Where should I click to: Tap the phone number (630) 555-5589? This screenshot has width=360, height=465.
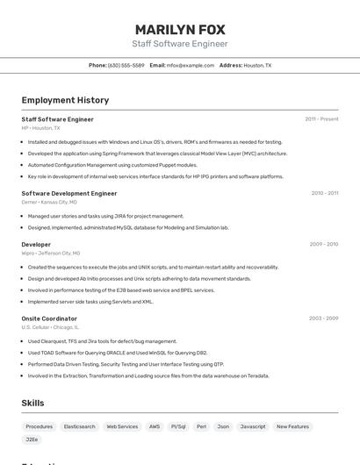point(126,65)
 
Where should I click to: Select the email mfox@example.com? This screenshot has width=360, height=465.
point(191,65)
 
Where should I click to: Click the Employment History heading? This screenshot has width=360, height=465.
point(65,100)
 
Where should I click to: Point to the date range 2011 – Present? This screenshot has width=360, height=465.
point(321,118)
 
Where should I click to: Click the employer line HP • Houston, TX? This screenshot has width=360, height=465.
point(40,128)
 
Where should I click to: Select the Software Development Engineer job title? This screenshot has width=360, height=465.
point(68,193)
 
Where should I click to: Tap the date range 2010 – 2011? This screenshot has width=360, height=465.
point(324,193)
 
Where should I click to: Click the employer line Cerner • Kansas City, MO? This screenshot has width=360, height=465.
point(48,203)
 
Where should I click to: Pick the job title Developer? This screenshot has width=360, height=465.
point(36,245)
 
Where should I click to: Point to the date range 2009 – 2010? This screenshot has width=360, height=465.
point(324,245)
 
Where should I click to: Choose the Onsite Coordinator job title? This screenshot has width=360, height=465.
point(49,318)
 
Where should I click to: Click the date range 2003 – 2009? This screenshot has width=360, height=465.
point(324,318)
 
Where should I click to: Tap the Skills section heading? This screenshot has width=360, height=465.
point(32,403)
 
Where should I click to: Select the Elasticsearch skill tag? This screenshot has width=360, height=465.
point(79,426)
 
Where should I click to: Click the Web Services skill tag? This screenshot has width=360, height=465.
point(122,426)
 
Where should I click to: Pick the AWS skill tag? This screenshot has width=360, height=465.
point(155,426)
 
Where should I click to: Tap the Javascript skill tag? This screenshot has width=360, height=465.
point(253,426)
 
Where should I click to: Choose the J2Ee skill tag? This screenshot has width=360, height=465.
point(32,439)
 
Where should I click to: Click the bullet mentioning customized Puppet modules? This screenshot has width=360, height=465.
point(112,165)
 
